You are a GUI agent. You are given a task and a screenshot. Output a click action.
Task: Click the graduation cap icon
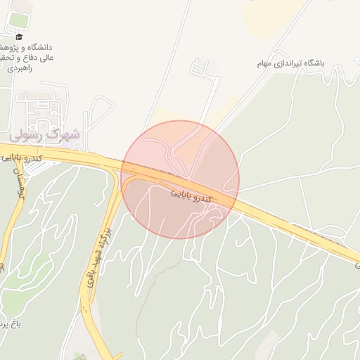(19, 37)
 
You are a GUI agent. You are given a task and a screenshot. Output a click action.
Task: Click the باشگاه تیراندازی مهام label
(292, 63)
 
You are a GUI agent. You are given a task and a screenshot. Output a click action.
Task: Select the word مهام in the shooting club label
(264, 63)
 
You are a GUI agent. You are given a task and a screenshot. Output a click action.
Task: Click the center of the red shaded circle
(180, 179)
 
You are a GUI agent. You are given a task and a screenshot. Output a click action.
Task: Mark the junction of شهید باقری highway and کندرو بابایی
(115, 169)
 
